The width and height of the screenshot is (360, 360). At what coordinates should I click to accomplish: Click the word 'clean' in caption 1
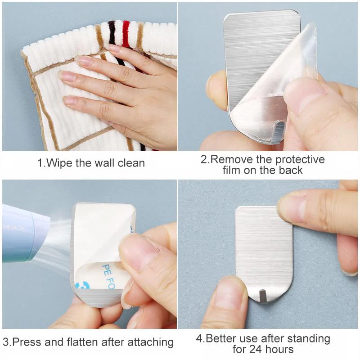pyautogui.click(x=130, y=162)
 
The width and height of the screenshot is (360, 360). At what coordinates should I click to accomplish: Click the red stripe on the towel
pyautogui.click(x=126, y=34)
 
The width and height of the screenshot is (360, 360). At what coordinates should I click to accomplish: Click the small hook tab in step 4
pyautogui.click(x=262, y=296)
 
